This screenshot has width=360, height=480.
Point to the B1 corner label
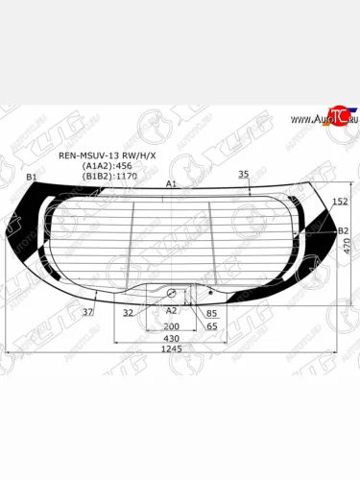coord(31,178)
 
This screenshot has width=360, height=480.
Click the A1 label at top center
coord(171,182)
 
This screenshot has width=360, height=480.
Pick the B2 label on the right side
coord(342,230)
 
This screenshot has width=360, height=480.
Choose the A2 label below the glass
coord(171,311)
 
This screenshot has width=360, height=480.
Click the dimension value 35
coord(243,174)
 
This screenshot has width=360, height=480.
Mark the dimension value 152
coord(338,202)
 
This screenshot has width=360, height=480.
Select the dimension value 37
coord(88,313)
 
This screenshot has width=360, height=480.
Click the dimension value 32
coord(128,313)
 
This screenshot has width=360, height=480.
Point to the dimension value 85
coord(211,313)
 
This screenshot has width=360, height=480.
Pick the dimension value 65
coord(211,326)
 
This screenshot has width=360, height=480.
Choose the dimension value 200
coord(171,326)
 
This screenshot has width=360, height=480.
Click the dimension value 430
coord(171,340)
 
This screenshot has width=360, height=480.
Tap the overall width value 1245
coord(171,349)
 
